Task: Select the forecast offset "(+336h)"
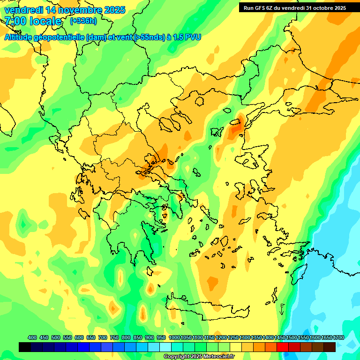pos(83,21)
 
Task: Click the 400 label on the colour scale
pos(32,337)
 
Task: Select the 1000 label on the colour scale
pos(174,337)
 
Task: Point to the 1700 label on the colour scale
pos(338,337)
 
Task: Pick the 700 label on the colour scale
pos(103,337)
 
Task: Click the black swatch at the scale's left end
pos(25,347)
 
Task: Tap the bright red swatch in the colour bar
pos(282,347)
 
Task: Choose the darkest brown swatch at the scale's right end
pos(330,347)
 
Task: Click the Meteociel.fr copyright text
pos(199,357)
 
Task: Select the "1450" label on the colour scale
pos(280,337)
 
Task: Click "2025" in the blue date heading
pos(112,10)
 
